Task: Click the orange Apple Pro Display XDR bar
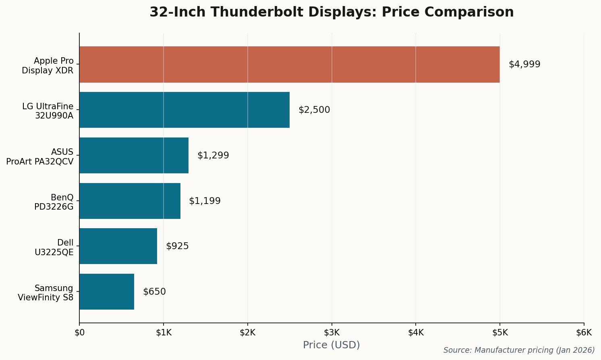(x=289, y=65)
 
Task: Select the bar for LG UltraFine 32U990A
(x=184, y=110)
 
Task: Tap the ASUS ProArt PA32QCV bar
(x=134, y=156)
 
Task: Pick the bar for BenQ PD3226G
(x=130, y=201)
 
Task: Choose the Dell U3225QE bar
(x=118, y=246)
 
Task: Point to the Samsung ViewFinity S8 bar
(x=107, y=292)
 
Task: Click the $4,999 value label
(x=524, y=65)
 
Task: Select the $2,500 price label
(x=314, y=110)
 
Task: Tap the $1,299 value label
(x=213, y=156)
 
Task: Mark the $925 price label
(x=177, y=246)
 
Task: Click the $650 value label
(x=154, y=292)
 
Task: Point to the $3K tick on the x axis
(x=332, y=333)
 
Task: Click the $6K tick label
(x=584, y=333)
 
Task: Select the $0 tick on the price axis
(x=79, y=333)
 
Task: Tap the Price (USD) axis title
(x=331, y=345)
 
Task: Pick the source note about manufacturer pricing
(x=519, y=350)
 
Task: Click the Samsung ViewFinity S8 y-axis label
(x=46, y=293)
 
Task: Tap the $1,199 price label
(x=205, y=201)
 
